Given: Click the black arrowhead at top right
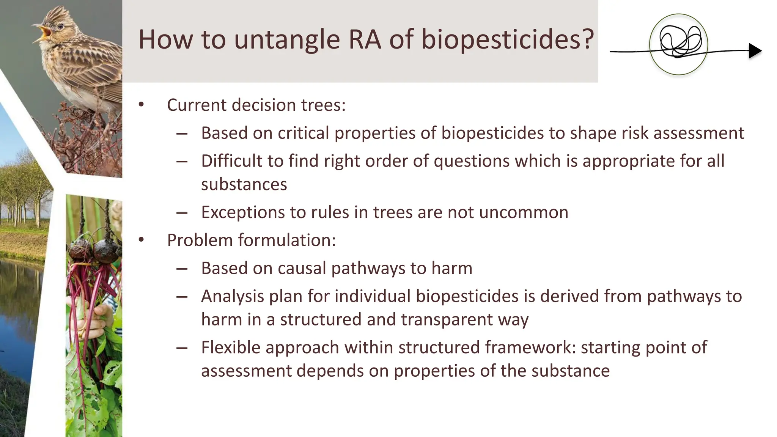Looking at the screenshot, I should [x=755, y=51].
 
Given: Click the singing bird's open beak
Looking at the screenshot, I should [x=43, y=32].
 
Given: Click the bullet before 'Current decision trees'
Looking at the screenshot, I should [x=142, y=105].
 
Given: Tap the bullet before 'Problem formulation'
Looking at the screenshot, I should [x=142, y=240].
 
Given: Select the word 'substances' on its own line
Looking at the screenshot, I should [x=244, y=184].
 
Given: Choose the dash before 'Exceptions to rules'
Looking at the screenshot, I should [x=182, y=212].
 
